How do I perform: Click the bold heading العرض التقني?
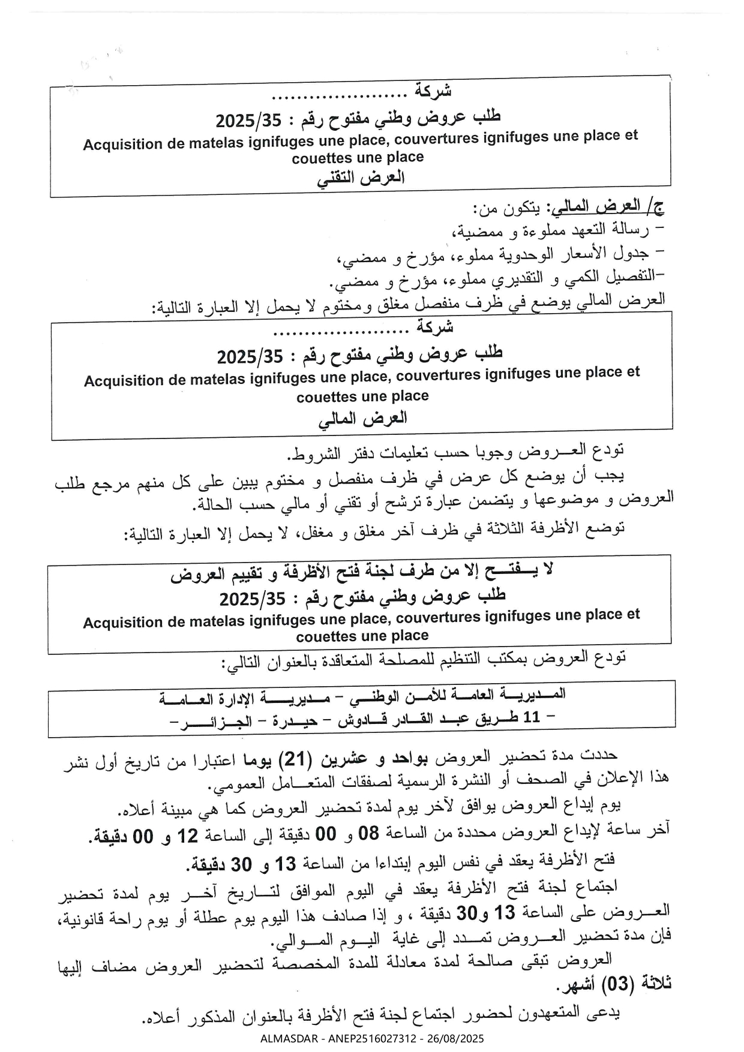tap(361, 178)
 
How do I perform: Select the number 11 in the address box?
tap(532, 717)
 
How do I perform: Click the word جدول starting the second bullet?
tap(633, 253)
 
